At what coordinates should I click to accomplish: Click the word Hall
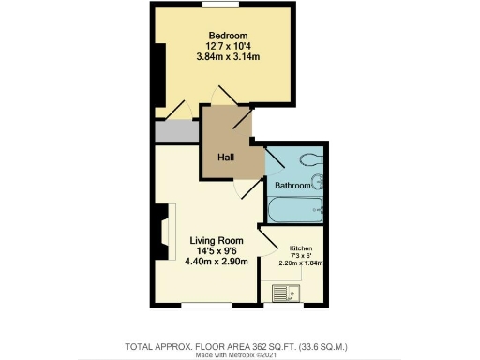tap(226, 157)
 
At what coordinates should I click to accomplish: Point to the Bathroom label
tap(292, 186)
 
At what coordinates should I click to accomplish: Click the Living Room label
tap(217, 239)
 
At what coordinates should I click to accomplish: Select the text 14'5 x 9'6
tap(217, 250)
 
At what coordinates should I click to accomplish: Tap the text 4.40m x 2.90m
tap(217, 262)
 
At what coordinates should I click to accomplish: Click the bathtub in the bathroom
tap(295, 210)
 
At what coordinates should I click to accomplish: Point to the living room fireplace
tap(164, 239)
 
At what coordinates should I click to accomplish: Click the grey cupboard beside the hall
tap(177, 131)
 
